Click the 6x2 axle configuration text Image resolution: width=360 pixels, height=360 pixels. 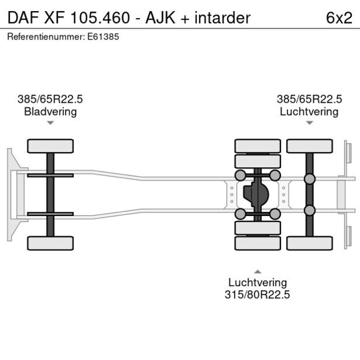339,17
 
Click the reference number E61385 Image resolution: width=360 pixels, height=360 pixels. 99,37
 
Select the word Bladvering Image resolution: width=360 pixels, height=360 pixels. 51,111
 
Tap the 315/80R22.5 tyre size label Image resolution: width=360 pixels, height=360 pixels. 257,294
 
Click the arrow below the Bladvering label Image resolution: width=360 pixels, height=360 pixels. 51,123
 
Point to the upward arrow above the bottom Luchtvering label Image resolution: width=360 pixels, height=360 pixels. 257,271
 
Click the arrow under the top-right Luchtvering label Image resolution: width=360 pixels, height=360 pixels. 309,123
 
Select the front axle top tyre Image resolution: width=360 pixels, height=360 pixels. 51,145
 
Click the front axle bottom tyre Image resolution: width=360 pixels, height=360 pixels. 51,243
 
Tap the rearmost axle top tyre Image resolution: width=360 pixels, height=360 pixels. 309,145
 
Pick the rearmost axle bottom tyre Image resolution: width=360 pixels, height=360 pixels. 309,243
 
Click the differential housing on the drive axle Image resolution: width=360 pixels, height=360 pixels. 256,194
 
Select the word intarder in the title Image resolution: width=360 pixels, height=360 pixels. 222,17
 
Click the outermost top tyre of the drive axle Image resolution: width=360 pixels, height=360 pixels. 257,145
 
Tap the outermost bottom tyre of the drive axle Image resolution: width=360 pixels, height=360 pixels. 257,243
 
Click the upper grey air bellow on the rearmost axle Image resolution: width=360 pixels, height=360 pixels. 309,178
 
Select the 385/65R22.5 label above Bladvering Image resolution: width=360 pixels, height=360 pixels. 51,99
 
